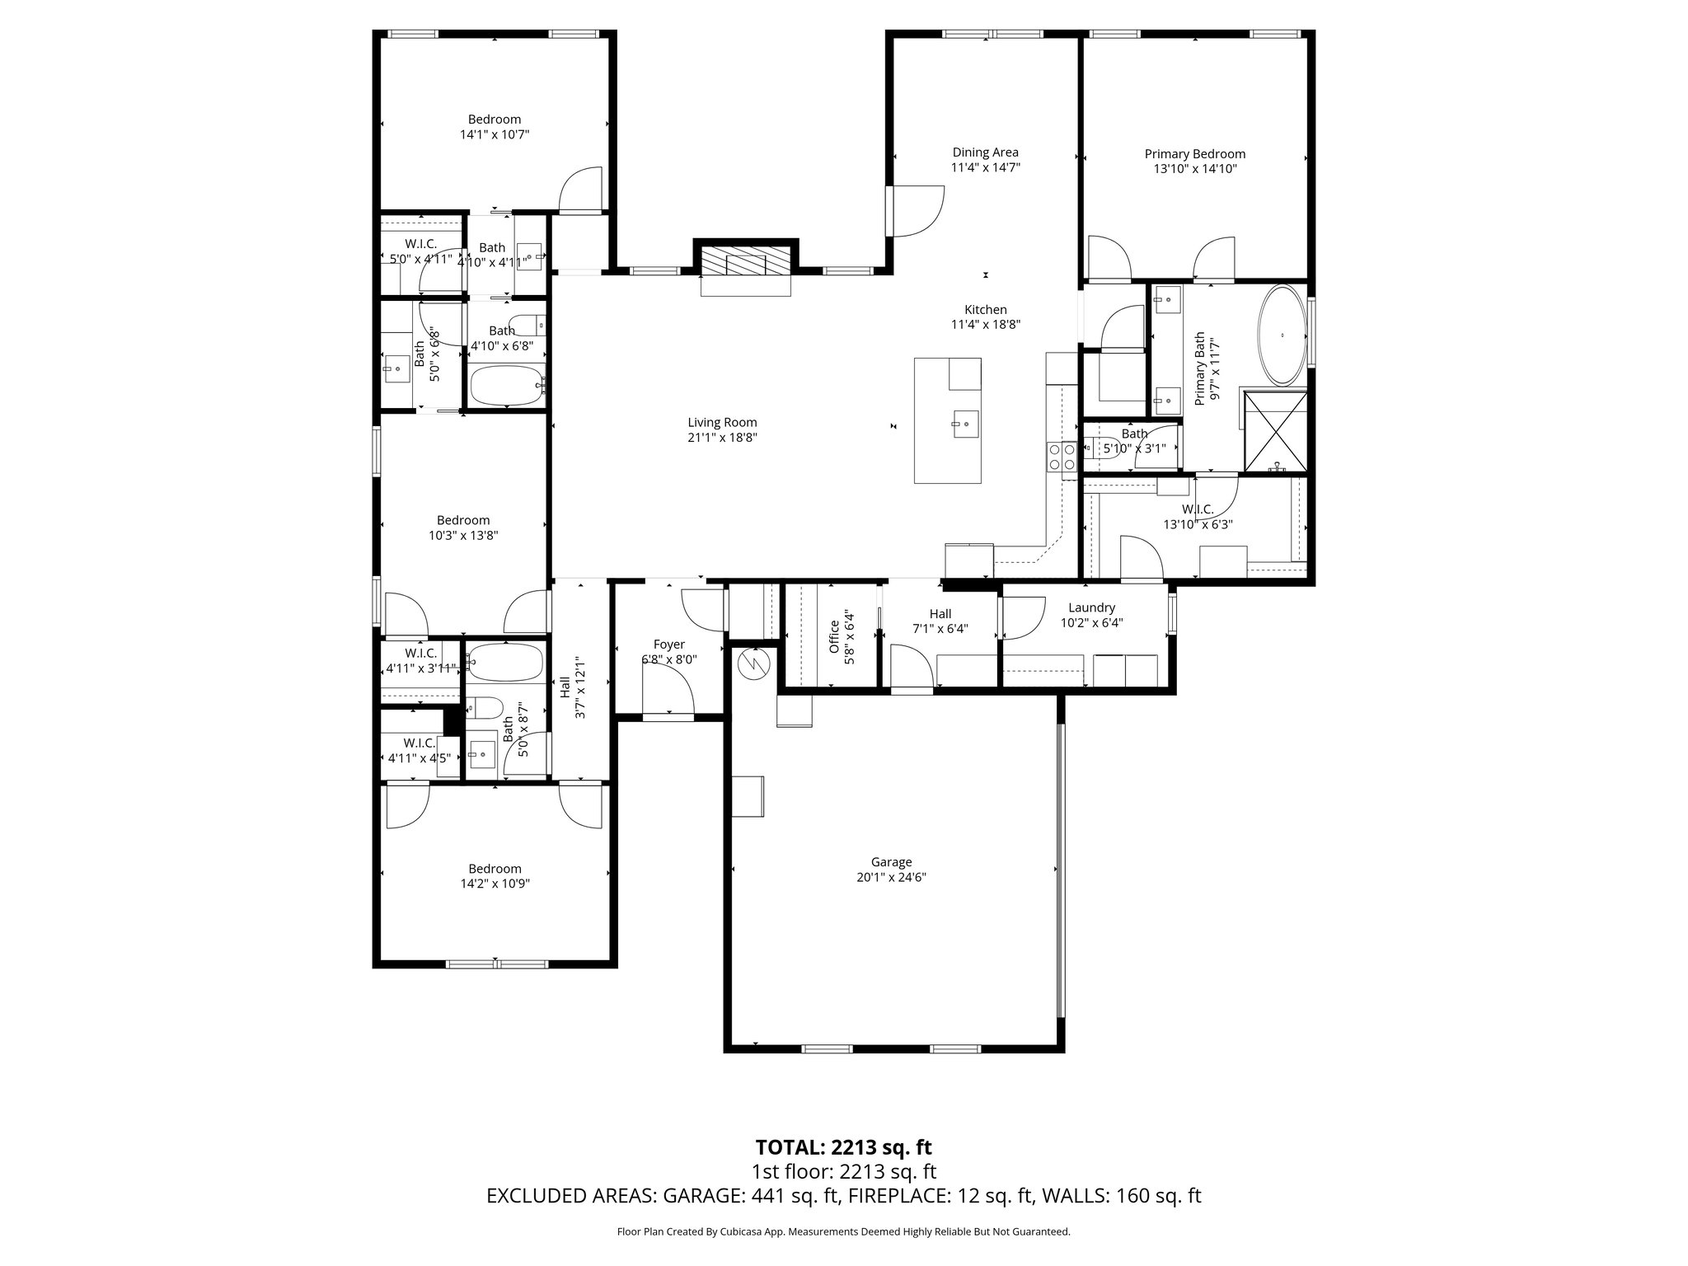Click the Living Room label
pyautogui.click(x=722, y=423)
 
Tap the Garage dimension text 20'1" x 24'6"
pyautogui.click(x=892, y=878)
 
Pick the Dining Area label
pyautogui.click(x=985, y=152)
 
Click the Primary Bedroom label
pyautogui.click(x=1194, y=154)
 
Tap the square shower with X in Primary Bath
pyautogui.click(x=1274, y=432)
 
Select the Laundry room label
pyautogui.click(x=1091, y=608)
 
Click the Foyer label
pyautogui.click(x=668, y=645)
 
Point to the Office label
pyautogui.click(x=833, y=636)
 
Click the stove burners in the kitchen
pyautogui.click(x=1060, y=457)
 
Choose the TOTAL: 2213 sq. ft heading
pyautogui.click(x=843, y=1147)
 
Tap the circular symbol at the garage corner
pyautogui.click(x=753, y=663)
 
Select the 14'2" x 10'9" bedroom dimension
pyautogui.click(x=495, y=884)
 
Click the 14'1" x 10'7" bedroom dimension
pyautogui.click(x=494, y=134)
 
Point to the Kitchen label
pyautogui.click(x=986, y=310)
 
